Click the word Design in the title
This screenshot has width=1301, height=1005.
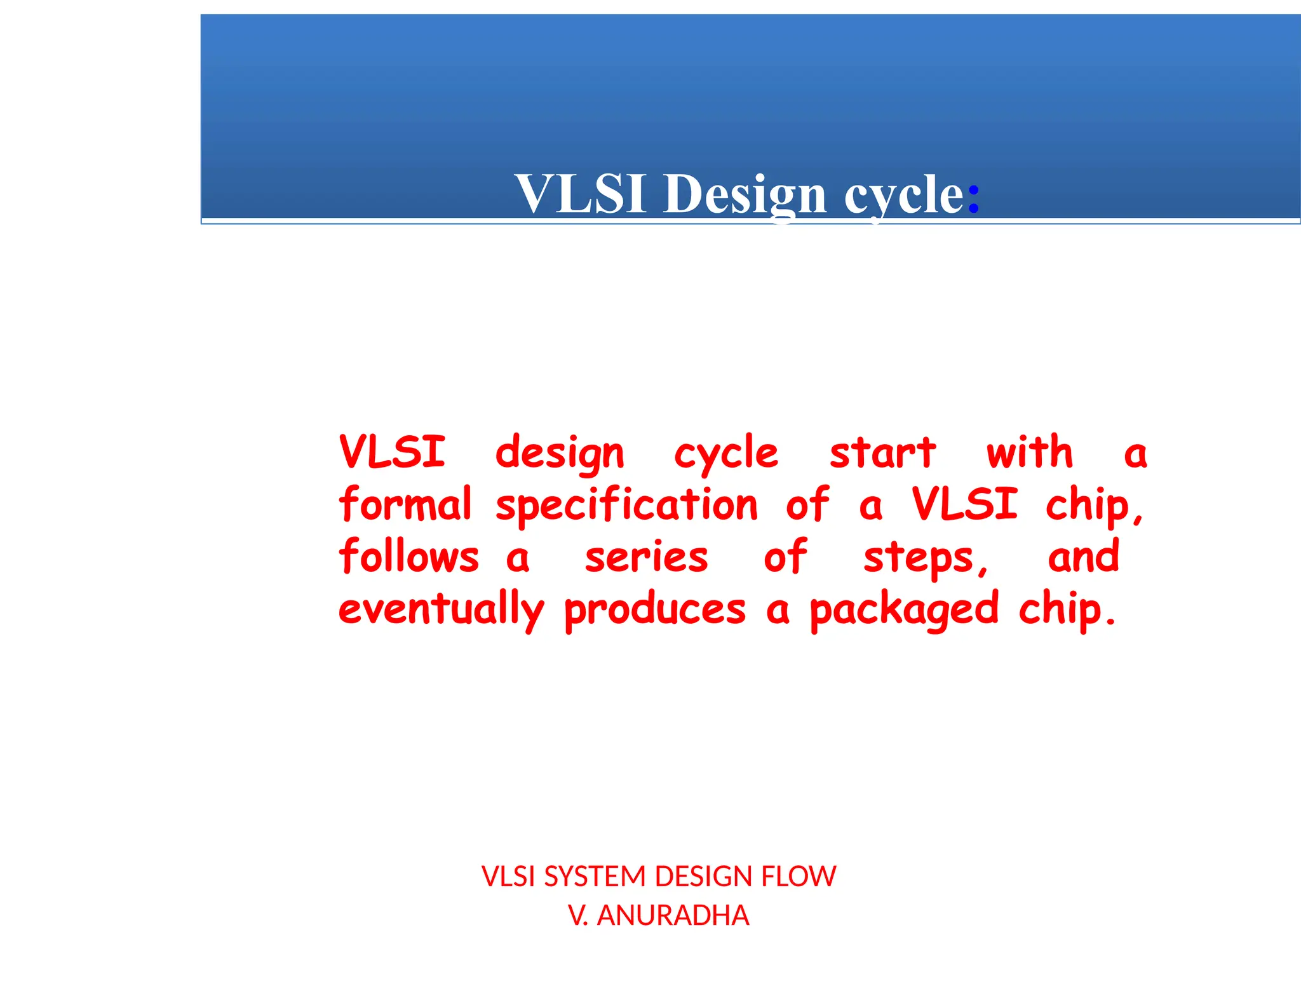tap(745, 194)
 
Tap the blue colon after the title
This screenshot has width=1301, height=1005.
tap(973, 196)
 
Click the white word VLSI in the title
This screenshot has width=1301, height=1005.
tap(581, 194)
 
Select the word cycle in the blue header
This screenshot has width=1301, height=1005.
tap(904, 195)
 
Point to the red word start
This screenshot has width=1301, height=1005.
tap(882, 453)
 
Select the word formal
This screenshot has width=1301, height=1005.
tap(405, 504)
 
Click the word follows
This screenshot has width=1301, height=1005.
tap(408, 556)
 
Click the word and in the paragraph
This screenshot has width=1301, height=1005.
tap(1083, 556)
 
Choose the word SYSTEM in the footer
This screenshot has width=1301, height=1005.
tap(595, 877)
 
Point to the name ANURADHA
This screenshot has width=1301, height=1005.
tap(673, 915)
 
